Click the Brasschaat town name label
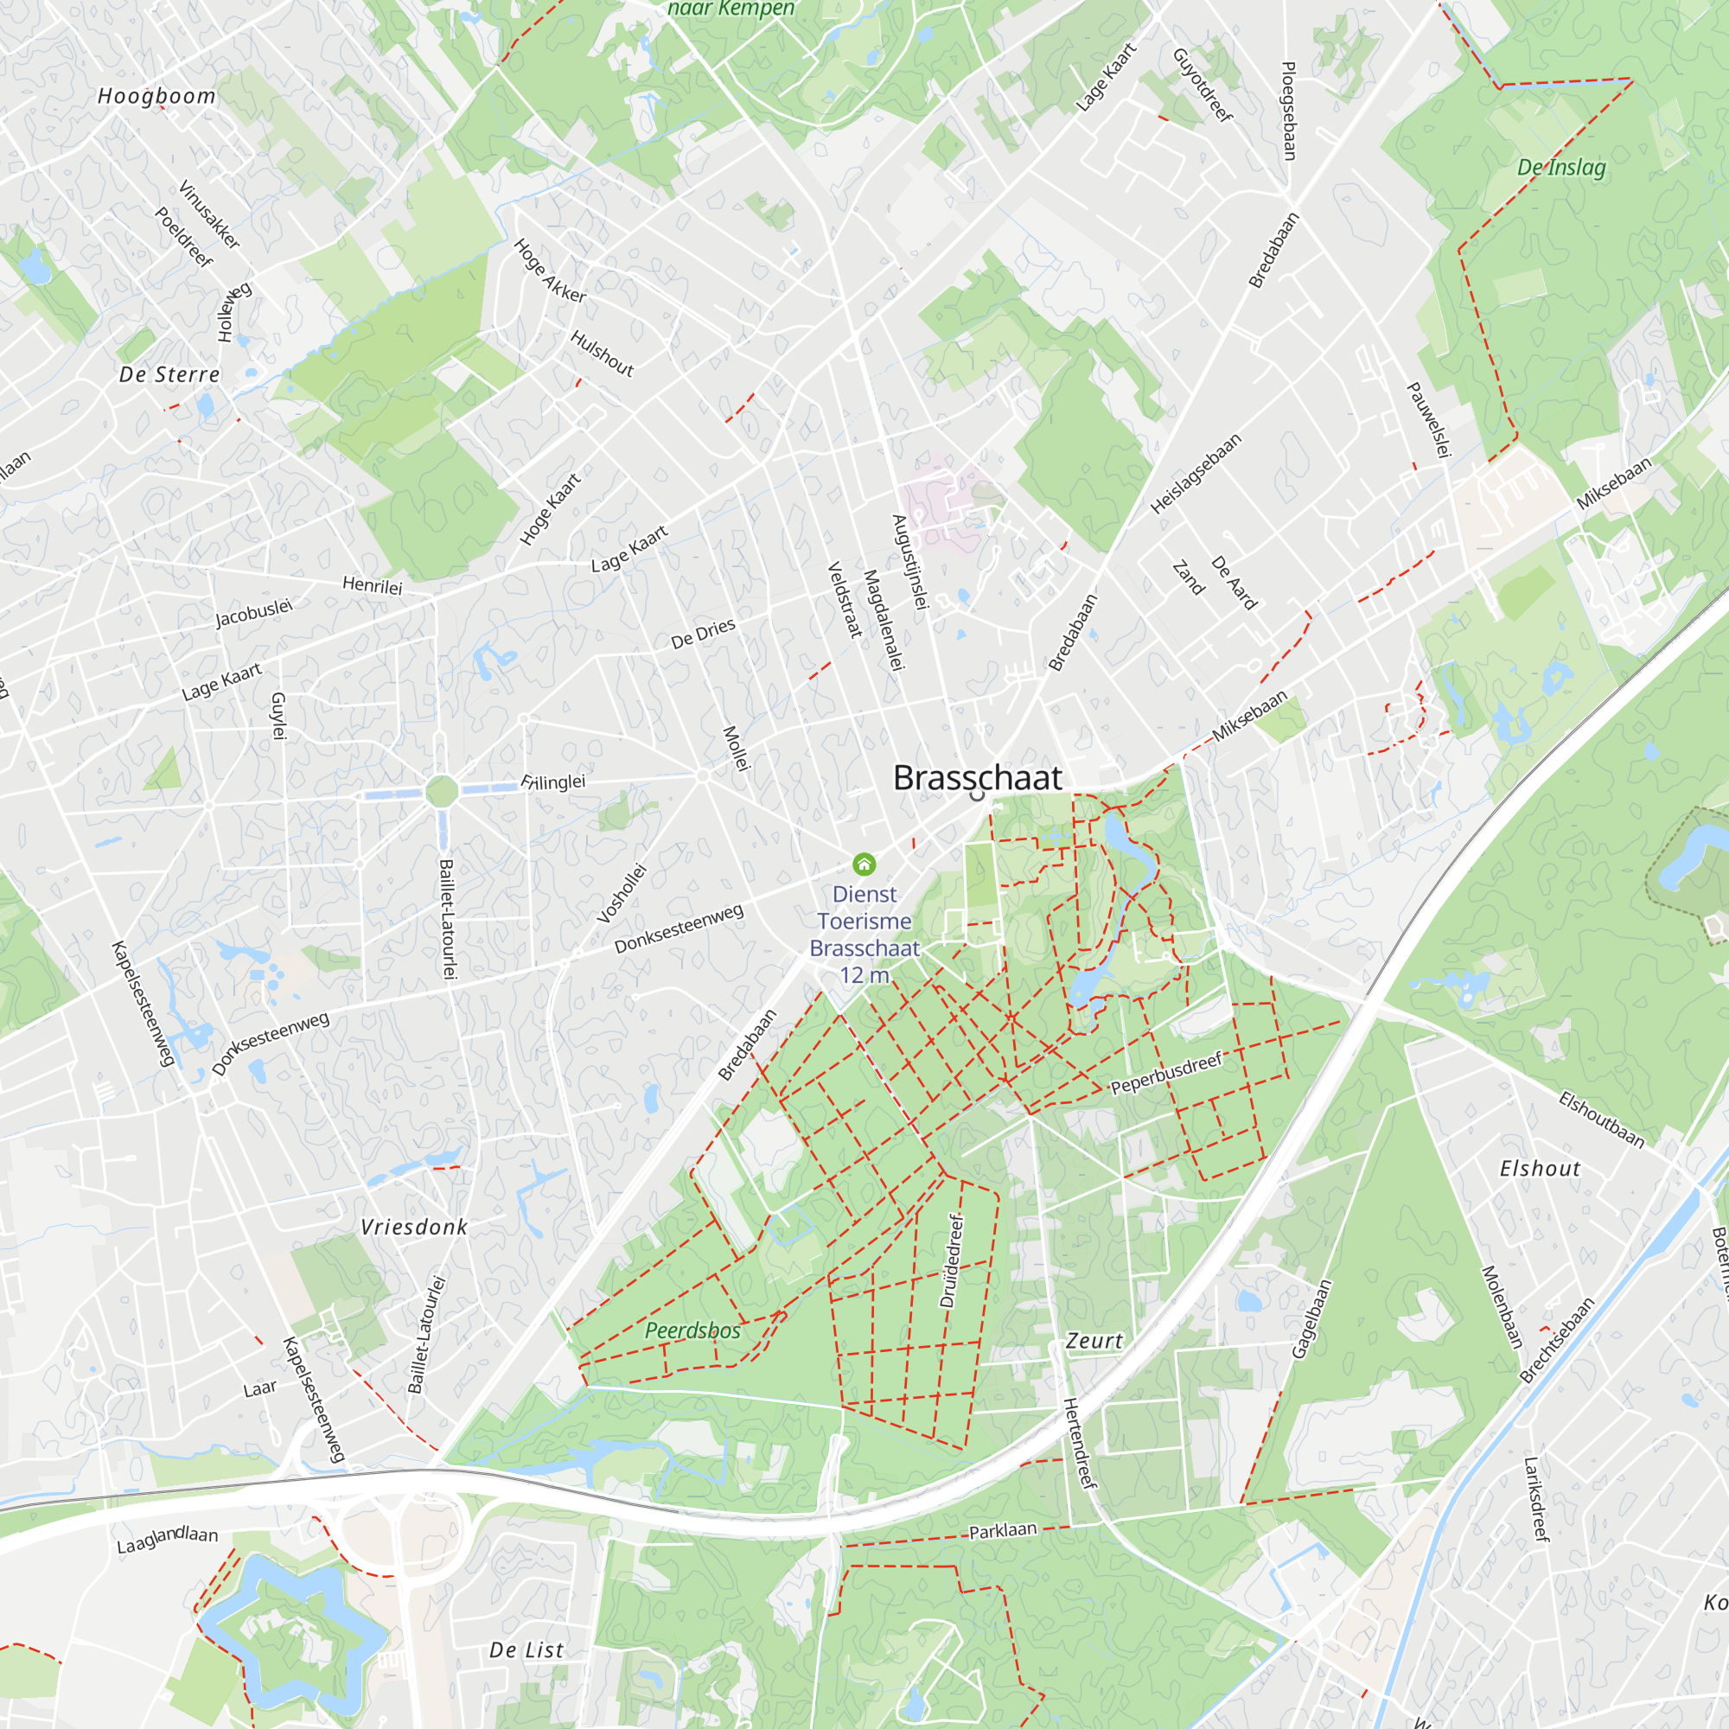tap(977, 778)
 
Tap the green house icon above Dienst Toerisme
tap(864, 864)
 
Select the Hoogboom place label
tap(156, 96)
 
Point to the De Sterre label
tap(169, 374)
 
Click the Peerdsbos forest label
tap(692, 1330)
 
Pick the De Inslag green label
tap(1560, 168)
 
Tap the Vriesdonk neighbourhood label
tap(413, 1227)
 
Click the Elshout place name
tap(1541, 1169)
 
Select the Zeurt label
tap(1094, 1341)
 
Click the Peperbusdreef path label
tap(1166, 1073)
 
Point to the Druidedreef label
tap(952, 1261)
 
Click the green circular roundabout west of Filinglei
tap(441, 791)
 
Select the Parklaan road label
tap(1002, 1530)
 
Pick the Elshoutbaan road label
tap(1601, 1119)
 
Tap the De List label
tap(526, 1650)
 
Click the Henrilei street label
tap(373, 585)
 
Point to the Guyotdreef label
tap(1203, 85)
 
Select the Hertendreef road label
tap(1079, 1444)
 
